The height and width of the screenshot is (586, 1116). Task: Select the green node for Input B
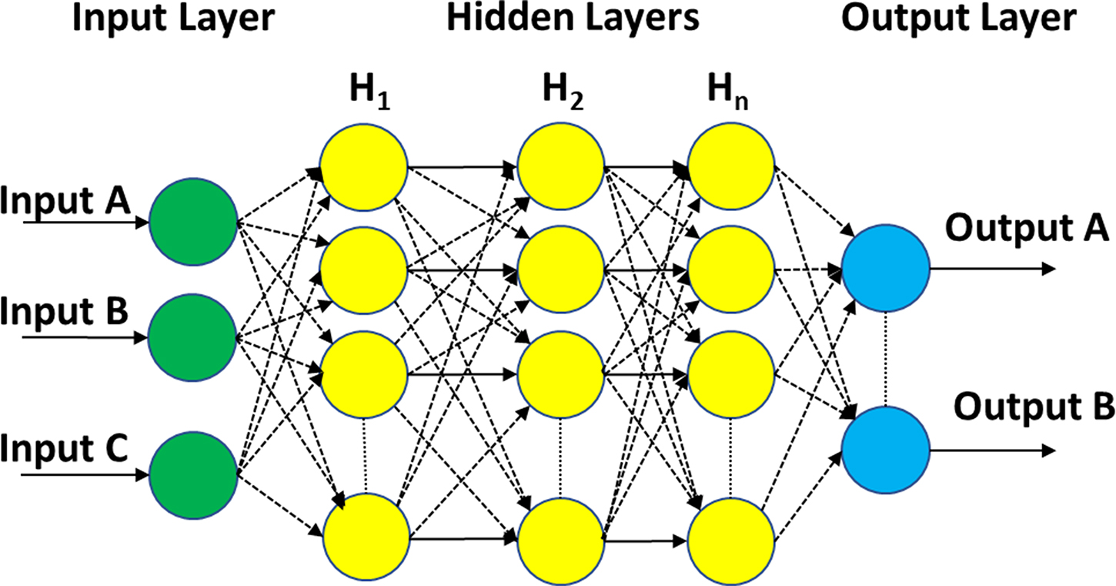(x=192, y=337)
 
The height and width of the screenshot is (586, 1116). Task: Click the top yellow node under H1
(x=364, y=166)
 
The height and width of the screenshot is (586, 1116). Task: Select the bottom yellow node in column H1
(x=366, y=537)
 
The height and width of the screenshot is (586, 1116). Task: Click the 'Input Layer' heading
(x=173, y=18)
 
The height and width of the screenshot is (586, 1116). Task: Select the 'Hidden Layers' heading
(x=573, y=18)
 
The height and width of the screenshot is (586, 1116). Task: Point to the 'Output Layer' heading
(x=958, y=18)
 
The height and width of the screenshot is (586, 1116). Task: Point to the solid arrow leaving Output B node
(x=993, y=450)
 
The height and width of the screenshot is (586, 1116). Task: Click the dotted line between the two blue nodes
(x=886, y=360)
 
